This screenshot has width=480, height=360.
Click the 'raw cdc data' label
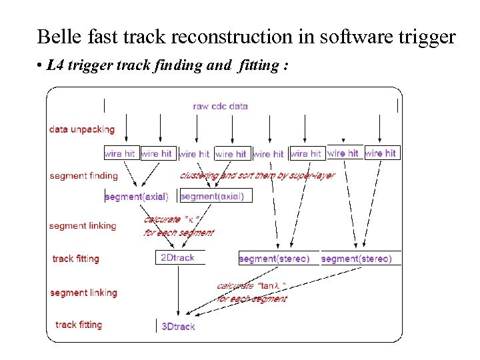[x=220, y=106]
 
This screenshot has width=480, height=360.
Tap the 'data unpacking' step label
[x=81, y=129]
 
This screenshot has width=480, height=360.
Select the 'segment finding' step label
[x=83, y=176]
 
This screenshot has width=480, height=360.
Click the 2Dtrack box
[x=177, y=257]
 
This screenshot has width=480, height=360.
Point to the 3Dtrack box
[x=179, y=327]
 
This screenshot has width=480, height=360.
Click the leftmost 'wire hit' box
[x=120, y=153]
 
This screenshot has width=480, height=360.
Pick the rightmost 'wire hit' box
[x=381, y=153]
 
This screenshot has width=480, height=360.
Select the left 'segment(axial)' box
[x=137, y=197]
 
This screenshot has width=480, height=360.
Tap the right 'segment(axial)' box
[x=213, y=196]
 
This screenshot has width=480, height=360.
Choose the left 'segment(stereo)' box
[x=274, y=259]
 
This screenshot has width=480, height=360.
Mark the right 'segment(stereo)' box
[x=357, y=259]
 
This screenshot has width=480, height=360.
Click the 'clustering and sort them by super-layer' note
[x=257, y=175]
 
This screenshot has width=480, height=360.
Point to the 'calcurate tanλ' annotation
[x=252, y=292]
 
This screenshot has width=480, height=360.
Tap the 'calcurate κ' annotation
[x=179, y=226]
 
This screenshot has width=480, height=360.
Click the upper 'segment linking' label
[x=83, y=226]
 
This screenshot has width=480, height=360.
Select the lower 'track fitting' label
[x=79, y=325]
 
